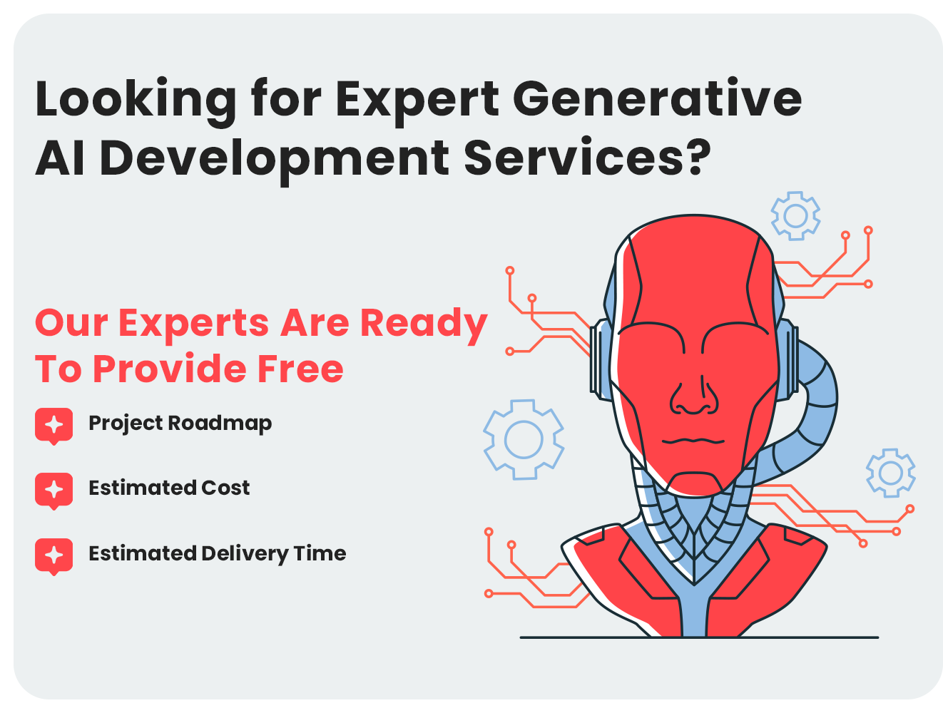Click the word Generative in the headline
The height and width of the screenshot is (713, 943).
click(657, 99)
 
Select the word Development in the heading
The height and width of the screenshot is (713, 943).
click(274, 159)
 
